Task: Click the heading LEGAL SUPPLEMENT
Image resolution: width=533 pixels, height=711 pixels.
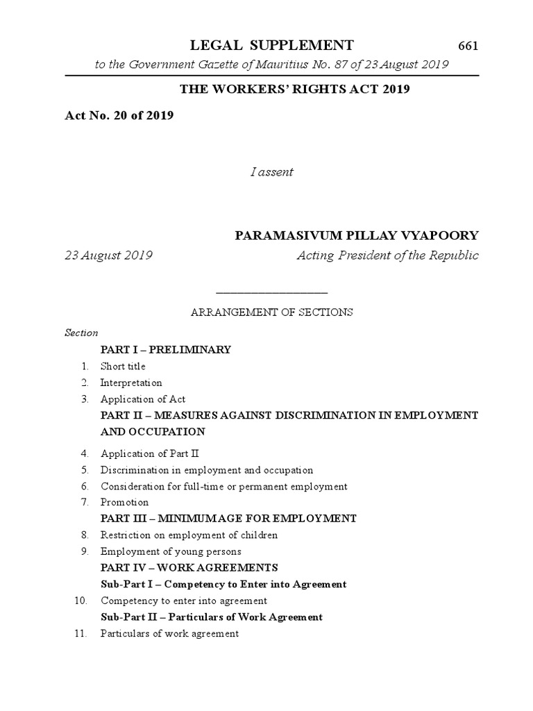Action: pyautogui.click(x=272, y=46)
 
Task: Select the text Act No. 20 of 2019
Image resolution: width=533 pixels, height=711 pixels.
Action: pyautogui.click(x=119, y=115)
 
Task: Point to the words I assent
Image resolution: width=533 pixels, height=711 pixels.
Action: pyautogui.click(x=271, y=172)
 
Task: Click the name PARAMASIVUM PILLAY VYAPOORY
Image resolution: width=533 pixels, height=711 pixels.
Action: pyautogui.click(x=357, y=236)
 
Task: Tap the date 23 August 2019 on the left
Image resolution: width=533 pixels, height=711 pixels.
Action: pyautogui.click(x=108, y=256)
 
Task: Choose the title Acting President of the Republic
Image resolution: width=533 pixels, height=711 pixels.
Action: pyautogui.click(x=387, y=256)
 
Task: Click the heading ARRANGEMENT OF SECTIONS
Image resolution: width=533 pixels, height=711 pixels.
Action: pyautogui.click(x=271, y=312)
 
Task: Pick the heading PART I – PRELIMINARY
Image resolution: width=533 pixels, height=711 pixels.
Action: pyautogui.click(x=165, y=350)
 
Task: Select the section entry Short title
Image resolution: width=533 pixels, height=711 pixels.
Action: pyautogui.click(x=123, y=366)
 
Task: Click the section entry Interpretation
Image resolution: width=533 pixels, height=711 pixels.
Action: pyautogui.click(x=131, y=383)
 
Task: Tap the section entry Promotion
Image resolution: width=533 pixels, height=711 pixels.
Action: pyautogui.click(x=125, y=502)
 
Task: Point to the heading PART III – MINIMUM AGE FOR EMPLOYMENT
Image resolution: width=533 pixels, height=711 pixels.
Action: pyautogui.click(x=228, y=519)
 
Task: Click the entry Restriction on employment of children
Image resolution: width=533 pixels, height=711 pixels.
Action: pyautogui.click(x=189, y=535)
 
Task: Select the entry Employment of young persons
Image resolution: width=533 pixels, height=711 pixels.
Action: pyautogui.click(x=171, y=552)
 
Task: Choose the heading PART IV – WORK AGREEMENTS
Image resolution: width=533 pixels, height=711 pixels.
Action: pyautogui.click(x=189, y=568)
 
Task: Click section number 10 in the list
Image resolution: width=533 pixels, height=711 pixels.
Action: pyautogui.click(x=80, y=601)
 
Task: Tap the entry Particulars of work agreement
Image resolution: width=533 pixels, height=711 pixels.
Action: pyautogui.click(x=169, y=633)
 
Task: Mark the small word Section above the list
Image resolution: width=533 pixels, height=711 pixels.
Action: pyautogui.click(x=81, y=333)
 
